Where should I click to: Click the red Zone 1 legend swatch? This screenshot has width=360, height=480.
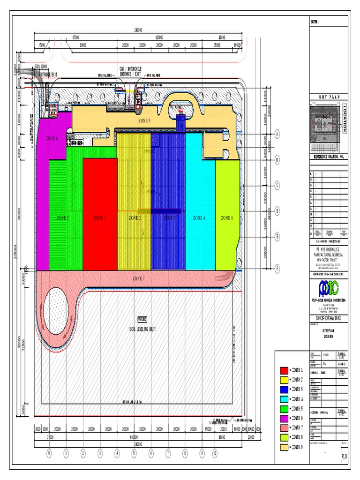point(284,370)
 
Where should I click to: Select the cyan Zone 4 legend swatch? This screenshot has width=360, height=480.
point(284,399)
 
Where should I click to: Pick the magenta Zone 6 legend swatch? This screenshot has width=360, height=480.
point(284,418)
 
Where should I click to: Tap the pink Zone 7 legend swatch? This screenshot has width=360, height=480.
point(284,427)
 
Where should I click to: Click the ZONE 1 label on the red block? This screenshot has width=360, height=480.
point(100,218)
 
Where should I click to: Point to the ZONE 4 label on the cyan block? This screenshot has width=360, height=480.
point(198,218)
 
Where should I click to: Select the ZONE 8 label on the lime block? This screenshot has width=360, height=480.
point(227,218)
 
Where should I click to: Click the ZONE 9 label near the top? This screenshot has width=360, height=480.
point(144,121)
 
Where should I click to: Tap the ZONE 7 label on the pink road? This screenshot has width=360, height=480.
point(138,278)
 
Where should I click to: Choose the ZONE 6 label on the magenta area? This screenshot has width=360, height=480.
point(52,138)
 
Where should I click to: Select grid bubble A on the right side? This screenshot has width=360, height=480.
point(277,134)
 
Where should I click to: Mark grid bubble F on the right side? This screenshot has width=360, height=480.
point(277,269)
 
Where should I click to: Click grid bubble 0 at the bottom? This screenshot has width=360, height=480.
point(49,453)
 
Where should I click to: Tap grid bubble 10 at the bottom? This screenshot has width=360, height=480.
point(215,453)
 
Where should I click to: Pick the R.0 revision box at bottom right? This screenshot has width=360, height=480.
point(344,455)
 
